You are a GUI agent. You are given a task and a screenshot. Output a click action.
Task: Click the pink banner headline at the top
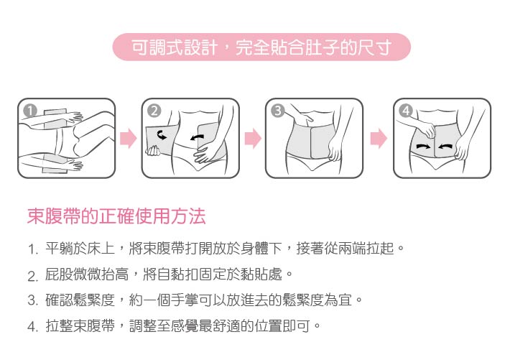click(261, 47)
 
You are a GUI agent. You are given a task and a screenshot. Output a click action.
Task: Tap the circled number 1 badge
click(30, 111)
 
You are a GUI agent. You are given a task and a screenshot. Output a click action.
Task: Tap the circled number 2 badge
click(154, 111)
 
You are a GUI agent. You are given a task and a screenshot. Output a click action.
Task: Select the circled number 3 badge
click(278, 111)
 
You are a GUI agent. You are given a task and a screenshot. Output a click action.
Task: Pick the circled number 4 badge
click(406, 111)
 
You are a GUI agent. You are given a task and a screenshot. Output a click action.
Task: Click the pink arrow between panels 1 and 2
click(129, 139)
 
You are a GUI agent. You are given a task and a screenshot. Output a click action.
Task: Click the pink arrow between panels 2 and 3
click(253, 139)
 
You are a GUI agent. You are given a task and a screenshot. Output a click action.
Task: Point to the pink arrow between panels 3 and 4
click(379, 139)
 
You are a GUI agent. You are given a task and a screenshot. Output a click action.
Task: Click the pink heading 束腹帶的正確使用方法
click(116, 216)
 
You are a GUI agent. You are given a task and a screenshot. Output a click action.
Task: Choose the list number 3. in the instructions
click(33, 300)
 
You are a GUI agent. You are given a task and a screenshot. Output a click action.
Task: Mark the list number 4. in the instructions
click(33, 326)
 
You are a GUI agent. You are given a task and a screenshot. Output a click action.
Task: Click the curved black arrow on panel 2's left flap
click(162, 135)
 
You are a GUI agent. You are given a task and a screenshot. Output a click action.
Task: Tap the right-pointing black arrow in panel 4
click(423, 147)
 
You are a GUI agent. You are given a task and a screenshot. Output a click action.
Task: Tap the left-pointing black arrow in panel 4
click(445, 147)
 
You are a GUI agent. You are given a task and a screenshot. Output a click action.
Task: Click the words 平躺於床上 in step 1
click(80, 249)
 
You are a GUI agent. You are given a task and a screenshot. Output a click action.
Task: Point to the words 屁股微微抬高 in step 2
click(87, 274)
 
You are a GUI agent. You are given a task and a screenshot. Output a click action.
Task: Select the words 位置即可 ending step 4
click(282, 326)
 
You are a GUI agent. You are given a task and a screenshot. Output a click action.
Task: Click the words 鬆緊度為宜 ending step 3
click(317, 300)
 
